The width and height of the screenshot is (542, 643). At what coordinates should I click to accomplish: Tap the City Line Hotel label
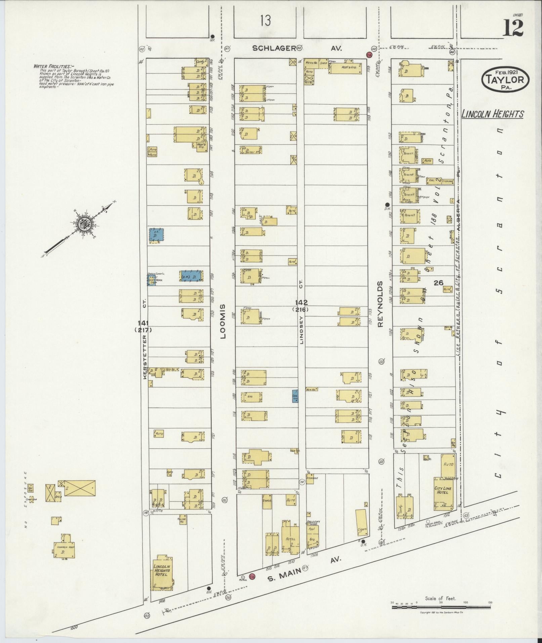coord(444,490)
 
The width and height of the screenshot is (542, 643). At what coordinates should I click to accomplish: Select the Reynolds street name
coord(380,304)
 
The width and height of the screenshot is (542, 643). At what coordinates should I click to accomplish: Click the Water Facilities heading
coord(52,66)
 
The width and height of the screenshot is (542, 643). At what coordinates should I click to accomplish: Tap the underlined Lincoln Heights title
coord(492,114)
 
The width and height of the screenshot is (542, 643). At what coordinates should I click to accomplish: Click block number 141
coord(145,322)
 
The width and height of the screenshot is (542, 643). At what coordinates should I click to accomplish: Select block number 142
coord(300,302)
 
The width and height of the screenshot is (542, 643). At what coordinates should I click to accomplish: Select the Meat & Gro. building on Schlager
coord(345,67)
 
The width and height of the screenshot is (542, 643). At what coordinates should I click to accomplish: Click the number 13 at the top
coord(265,21)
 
